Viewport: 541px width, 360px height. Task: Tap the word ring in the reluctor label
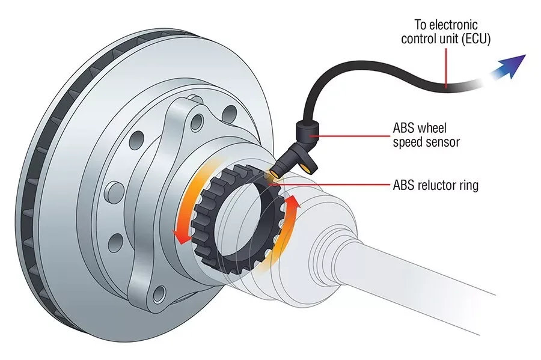(x=469, y=186)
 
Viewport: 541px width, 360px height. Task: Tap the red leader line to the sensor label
(x=349, y=136)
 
